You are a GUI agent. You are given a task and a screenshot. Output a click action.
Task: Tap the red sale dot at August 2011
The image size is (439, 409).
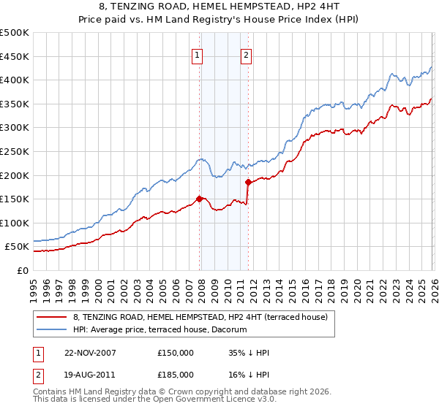click(248, 182)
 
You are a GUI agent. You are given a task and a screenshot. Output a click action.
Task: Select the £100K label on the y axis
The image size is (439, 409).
click(15, 223)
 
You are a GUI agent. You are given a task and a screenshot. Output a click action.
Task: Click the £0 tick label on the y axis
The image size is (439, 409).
click(23, 270)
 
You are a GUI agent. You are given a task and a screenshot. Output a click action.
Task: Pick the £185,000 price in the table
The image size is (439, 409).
click(176, 374)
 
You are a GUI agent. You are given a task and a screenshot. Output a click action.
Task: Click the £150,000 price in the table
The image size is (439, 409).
click(176, 352)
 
